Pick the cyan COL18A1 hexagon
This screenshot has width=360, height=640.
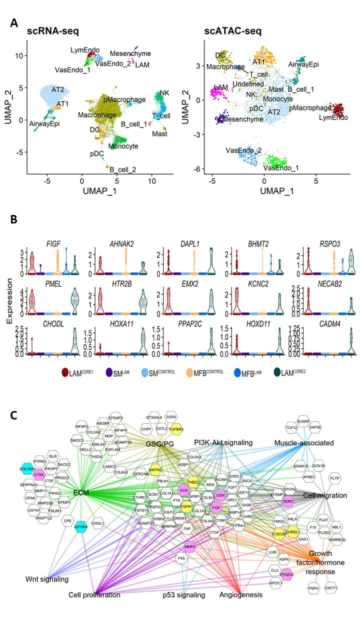[28, 454]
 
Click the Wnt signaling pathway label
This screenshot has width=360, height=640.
[47, 579]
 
